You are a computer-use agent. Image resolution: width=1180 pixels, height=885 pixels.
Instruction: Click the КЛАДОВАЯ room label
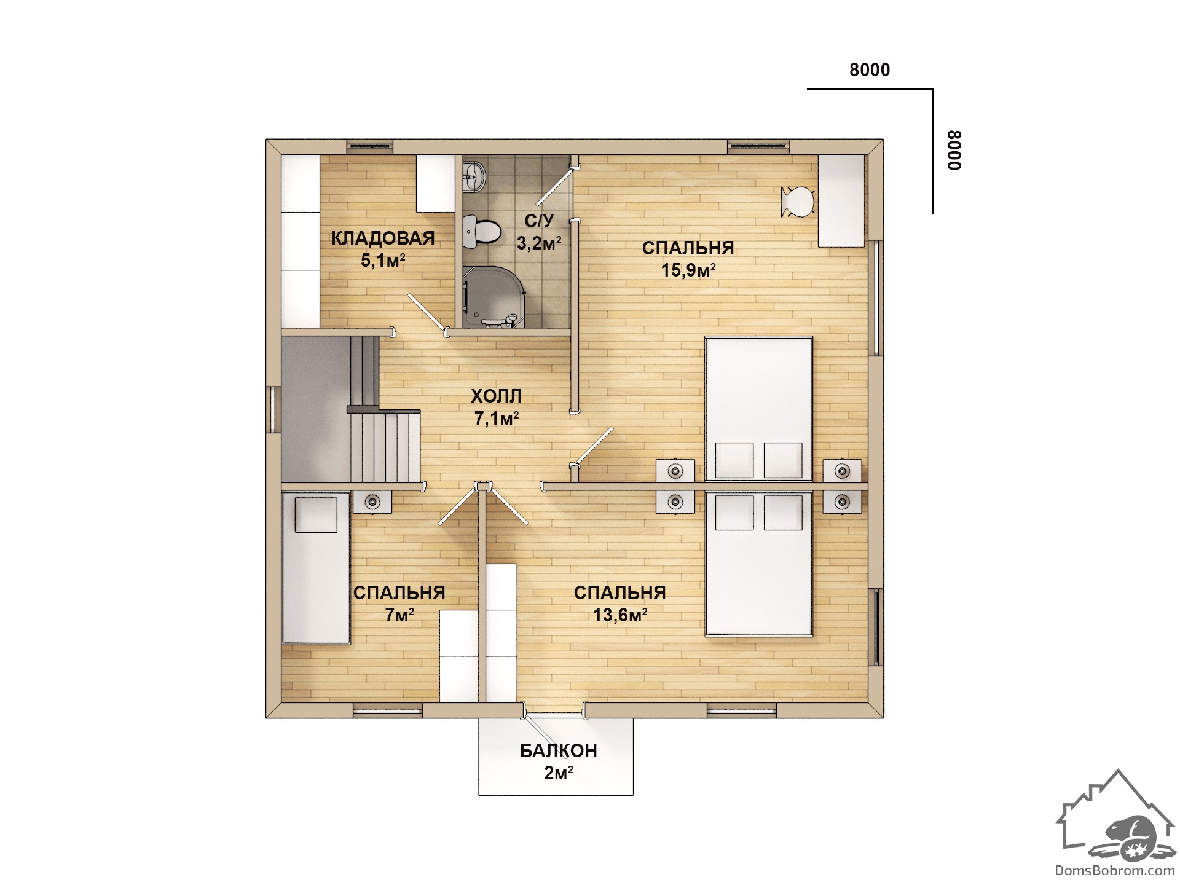point(383,238)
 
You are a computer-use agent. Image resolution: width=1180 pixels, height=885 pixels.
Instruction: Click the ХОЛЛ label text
point(496,396)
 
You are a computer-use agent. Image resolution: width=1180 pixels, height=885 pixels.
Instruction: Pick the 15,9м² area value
point(688,270)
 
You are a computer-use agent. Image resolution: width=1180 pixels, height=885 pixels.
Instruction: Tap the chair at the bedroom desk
point(798,202)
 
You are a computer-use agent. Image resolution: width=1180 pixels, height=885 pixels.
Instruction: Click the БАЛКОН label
point(559,750)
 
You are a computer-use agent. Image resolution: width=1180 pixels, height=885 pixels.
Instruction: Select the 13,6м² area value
point(619,615)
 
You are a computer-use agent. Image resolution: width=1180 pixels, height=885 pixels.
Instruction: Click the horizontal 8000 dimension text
point(870,70)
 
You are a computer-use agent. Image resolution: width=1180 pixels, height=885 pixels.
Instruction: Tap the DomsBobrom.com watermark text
point(1115,870)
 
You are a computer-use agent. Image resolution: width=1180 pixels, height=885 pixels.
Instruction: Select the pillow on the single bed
point(316,515)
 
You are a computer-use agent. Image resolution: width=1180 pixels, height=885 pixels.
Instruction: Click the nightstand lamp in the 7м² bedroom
point(372,502)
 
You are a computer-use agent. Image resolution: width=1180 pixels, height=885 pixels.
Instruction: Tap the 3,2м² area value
point(540,243)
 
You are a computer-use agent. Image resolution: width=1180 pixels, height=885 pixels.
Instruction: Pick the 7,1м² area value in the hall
point(497,419)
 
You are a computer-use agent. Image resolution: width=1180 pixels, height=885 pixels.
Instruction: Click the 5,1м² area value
point(383,261)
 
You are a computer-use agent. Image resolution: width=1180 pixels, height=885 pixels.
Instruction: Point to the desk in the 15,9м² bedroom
point(841,201)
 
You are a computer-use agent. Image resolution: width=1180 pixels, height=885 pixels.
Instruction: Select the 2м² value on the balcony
point(559,773)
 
